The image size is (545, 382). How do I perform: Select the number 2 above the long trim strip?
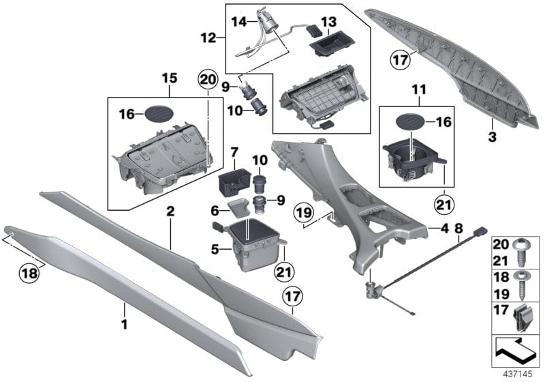170,213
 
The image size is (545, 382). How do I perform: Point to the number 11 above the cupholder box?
416,89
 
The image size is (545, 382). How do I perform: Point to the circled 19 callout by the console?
305,214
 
